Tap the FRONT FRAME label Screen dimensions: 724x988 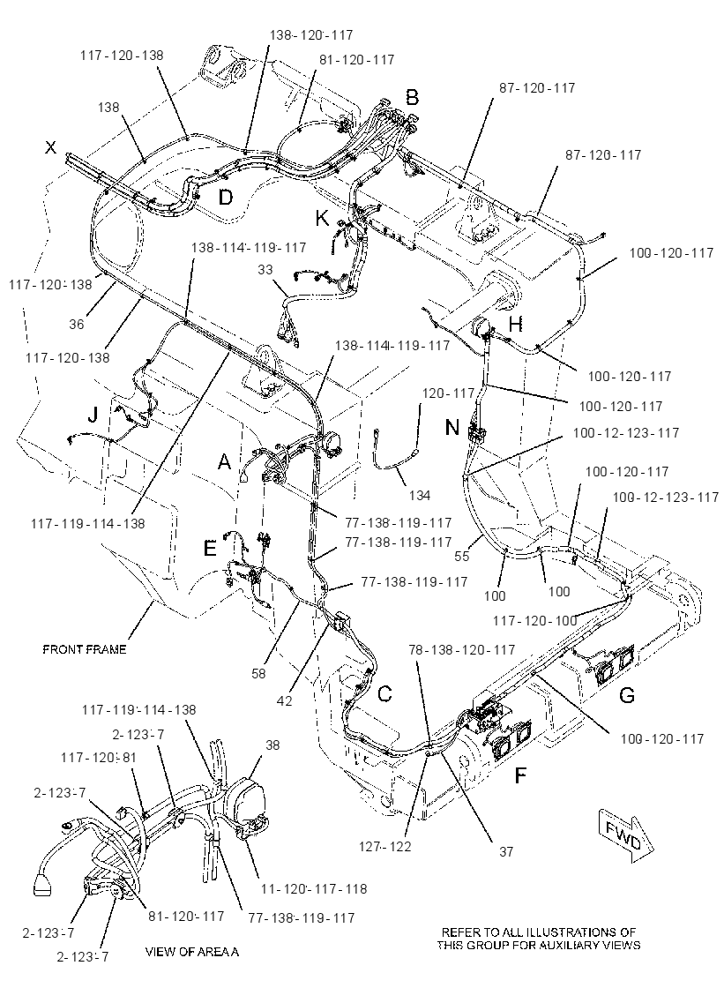coord(85,649)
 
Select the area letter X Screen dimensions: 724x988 coord(50,147)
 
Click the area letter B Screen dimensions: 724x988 coord(412,98)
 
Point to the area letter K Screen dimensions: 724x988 coord(322,219)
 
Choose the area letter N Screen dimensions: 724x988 coord(452,427)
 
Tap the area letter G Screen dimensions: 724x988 coord(626,696)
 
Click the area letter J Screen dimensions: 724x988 coord(93,415)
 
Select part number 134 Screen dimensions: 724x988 coord(420,495)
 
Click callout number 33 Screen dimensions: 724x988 coord(265,270)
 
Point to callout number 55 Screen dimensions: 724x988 coord(462,557)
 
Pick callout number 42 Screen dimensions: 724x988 coord(284,700)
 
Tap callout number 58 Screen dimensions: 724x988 coord(258,674)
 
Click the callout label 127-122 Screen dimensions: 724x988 coord(385,846)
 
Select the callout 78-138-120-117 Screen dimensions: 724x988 coord(462,649)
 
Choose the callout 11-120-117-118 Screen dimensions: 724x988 coord(314,888)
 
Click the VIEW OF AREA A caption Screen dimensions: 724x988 coord(192,952)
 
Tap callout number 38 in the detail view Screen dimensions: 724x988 coord(272,745)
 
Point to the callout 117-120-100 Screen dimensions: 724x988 coord(535,621)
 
